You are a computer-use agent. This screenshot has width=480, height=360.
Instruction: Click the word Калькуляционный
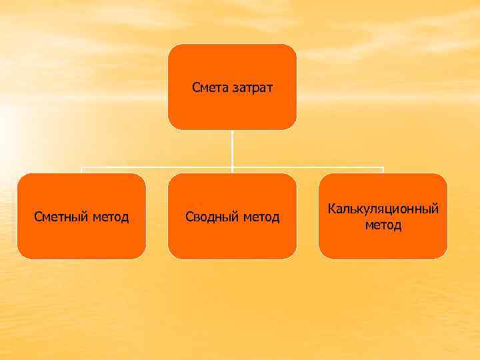pyautogui.click(x=383, y=209)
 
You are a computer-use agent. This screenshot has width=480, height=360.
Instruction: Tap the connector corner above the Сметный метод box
pyautogui.click(x=81, y=168)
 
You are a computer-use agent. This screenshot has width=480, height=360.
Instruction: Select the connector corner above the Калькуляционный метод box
pyautogui.click(x=383, y=168)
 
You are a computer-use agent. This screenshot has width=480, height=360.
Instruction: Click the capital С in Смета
pyautogui.click(x=195, y=87)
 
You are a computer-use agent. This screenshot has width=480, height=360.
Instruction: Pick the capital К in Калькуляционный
pyautogui.click(x=331, y=209)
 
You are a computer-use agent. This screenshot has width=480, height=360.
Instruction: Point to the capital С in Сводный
pyautogui.click(x=189, y=217)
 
